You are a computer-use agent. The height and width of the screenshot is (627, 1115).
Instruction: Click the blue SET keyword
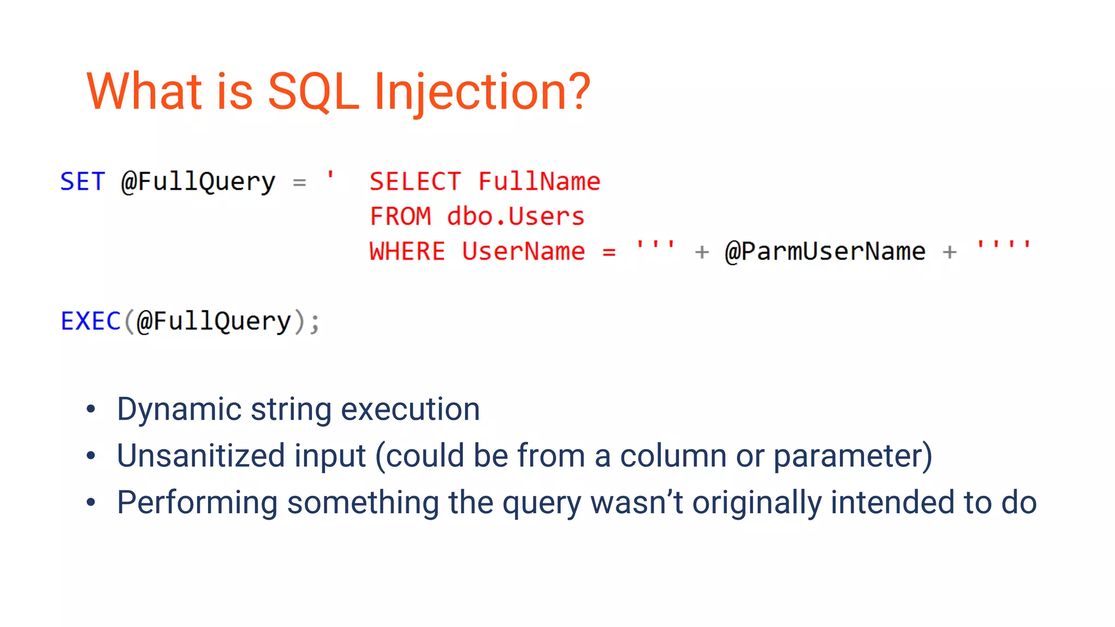[82, 181]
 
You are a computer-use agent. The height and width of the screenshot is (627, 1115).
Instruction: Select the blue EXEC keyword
[90, 321]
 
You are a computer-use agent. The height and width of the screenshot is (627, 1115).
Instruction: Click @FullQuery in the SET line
[198, 182]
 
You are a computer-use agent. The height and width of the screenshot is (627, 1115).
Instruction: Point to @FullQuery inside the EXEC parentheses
[214, 321]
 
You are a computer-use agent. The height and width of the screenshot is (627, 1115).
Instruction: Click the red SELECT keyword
[415, 181]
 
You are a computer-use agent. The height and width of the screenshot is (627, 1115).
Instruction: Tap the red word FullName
[539, 181]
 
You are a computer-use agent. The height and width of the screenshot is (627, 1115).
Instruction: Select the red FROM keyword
[400, 217]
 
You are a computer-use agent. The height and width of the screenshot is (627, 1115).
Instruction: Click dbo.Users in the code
[516, 217]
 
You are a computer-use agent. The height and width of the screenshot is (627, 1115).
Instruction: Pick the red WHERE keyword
[407, 251]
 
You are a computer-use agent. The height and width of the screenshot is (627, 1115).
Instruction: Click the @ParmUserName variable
[825, 251]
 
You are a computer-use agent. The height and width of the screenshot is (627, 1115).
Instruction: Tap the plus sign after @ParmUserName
[949, 252]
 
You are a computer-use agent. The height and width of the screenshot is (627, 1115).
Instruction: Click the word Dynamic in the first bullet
[179, 409]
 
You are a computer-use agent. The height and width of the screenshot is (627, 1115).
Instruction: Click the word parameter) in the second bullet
[853, 456]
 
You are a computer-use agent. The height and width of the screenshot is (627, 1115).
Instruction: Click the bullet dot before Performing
[91, 502]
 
